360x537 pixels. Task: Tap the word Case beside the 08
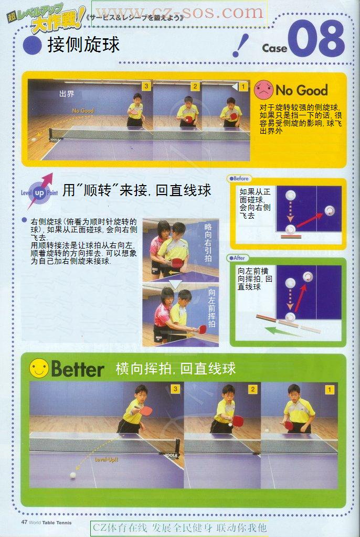click(x=274, y=48)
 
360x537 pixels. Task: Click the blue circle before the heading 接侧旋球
click(x=33, y=45)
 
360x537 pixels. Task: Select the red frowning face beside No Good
click(x=263, y=90)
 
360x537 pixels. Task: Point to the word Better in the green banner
click(x=78, y=369)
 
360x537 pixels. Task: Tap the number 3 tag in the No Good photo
click(x=146, y=86)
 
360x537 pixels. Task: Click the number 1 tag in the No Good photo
click(x=243, y=86)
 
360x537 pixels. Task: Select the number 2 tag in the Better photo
click(x=252, y=389)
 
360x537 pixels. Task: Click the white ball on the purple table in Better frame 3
click(x=73, y=475)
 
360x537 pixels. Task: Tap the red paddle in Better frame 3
click(x=145, y=410)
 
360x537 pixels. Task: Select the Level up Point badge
click(x=39, y=192)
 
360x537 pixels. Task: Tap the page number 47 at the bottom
click(x=24, y=522)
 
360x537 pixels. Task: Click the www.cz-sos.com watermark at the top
click(x=179, y=12)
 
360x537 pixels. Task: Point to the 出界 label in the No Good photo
click(x=67, y=94)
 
